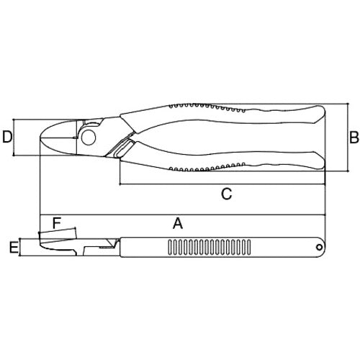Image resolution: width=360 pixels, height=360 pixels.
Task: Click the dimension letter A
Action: (177, 223)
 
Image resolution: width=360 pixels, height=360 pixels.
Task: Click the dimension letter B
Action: (354, 136)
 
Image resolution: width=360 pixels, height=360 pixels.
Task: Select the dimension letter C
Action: (225, 193)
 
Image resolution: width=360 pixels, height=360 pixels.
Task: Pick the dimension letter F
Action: (57, 223)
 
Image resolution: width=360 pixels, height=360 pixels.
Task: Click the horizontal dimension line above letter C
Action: (223, 184)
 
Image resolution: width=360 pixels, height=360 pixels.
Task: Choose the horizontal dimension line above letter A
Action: (180, 215)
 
